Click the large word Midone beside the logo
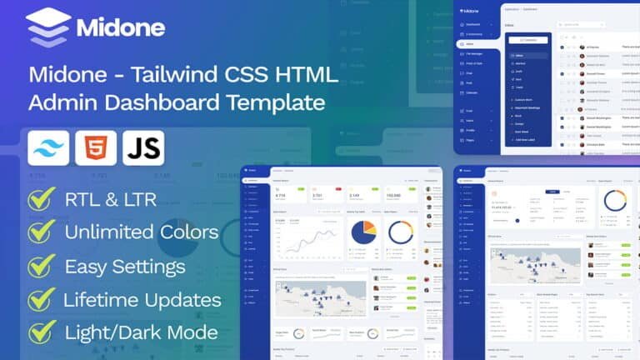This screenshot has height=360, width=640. coord(121,27)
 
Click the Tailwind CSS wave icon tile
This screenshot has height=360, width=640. coord(48,148)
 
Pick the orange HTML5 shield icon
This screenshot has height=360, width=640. coord(96,148)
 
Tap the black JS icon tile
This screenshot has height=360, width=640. coord(143,148)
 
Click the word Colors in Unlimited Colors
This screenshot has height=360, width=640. coord(186,232)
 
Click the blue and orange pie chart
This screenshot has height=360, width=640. coord(364,232)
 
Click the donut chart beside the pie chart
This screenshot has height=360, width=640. coord(401,232)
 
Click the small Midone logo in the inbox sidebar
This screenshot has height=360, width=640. coord(471,11)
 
